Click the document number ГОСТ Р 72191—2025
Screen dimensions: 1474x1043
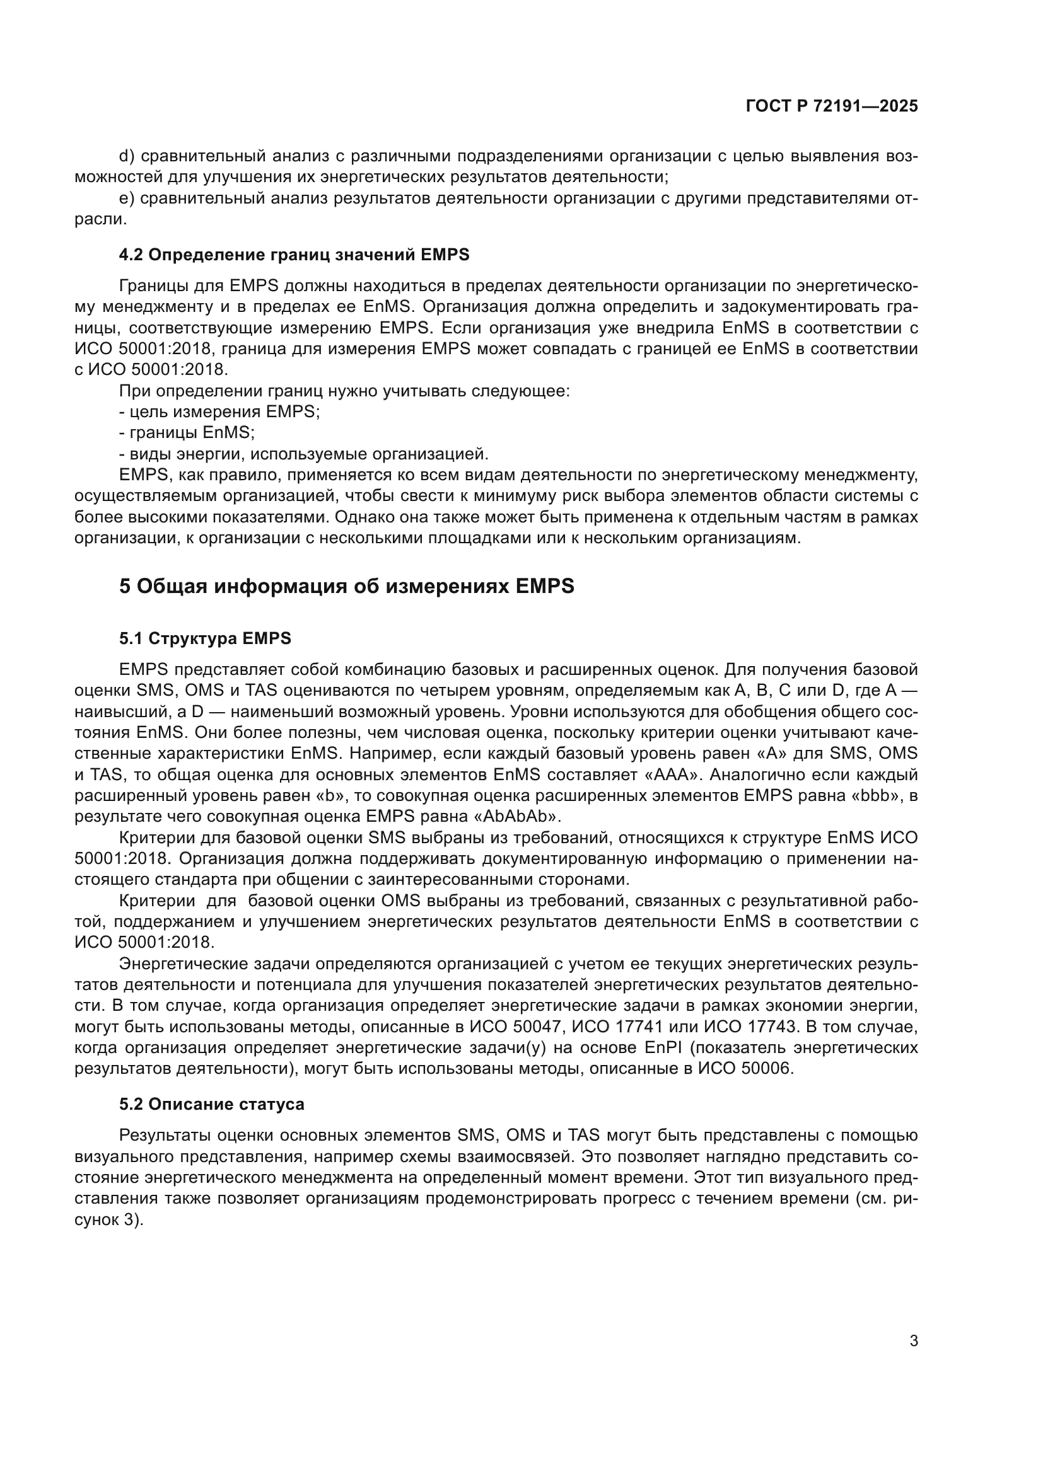832,107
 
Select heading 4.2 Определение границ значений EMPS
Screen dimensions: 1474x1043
294,255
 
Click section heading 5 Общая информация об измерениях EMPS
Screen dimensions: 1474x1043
347,586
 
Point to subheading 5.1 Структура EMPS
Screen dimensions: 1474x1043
205,638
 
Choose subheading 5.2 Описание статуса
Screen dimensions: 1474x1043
211,1104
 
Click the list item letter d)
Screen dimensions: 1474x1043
127,156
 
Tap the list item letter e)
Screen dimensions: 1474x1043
127,199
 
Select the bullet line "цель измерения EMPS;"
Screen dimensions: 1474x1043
219,412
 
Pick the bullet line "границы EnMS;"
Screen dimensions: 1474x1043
187,433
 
